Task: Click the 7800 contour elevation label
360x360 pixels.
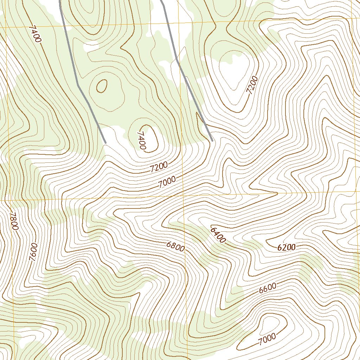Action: pos(13,221)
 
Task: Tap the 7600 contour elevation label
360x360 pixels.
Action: pos(33,251)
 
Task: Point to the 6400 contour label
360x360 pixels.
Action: pos(218,235)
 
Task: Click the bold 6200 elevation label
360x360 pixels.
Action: pos(286,247)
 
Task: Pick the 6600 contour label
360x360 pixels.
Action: pos(268,288)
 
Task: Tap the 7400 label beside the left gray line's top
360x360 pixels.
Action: pos(36,34)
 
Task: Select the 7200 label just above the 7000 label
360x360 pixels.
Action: pos(159,167)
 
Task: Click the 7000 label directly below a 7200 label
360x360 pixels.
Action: pos(167,182)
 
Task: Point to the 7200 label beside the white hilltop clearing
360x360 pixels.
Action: pos(252,85)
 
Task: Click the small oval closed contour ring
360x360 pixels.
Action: pos(102,86)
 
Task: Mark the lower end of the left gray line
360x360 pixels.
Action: pos(105,142)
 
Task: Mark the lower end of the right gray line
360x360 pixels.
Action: pos(212,140)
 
